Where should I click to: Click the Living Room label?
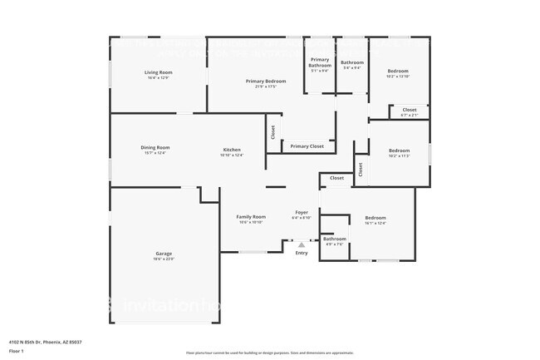(x=158, y=72)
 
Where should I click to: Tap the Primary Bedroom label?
(x=266, y=81)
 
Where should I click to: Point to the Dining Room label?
(x=155, y=147)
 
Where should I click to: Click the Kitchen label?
(x=232, y=150)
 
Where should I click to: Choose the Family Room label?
(x=252, y=216)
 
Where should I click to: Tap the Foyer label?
(x=302, y=212)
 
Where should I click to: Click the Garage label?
(x=164, y=254)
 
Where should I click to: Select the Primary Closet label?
(x=307, y=146)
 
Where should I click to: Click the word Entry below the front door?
(x=302, y=253)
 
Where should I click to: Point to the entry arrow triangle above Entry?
(x=302, y=244)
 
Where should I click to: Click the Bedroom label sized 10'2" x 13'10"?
(x=398, y=71)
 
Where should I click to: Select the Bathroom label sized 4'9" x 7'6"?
(x=335, y=239)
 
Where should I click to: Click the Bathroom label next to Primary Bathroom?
(x=352, y=62)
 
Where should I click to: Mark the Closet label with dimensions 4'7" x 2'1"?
(x=410, y=110)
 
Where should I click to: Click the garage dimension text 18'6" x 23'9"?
(x=164, y=259)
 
